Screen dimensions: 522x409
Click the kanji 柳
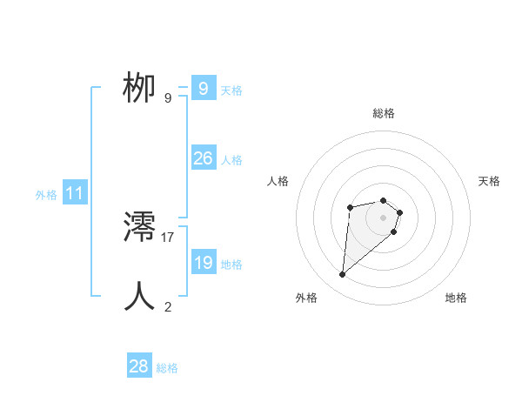pyautogui.click(x=140, y=89)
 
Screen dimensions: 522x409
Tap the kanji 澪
pyautogui.click(x=140, y=229)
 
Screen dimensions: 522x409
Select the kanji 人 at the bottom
pyautogui.click(x=140, y=296)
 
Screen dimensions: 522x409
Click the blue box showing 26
pyautogui.click(x=203, y=158)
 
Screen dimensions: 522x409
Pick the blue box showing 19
pyautogui.click(x=203, y=263)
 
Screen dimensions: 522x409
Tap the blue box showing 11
pyautogui.click(x=74, y=194)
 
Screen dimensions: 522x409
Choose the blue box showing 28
pyautogui.click(x=139, y=366)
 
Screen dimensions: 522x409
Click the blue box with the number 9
pyautogui.click(x=203, y=89)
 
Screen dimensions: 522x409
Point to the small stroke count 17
pyautogui.click(x=168, y=237)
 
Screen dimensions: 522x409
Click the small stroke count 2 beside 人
pyautogui.click(x=168, y=305)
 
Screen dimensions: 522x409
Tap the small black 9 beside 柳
pyautogui.click(x=168, y=98)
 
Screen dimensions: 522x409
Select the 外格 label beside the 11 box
pyautogui.click(x=46, y=195)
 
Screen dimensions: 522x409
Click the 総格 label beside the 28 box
pyautogui.click(x=167, y=368)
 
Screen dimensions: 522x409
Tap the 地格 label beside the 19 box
pyautogui.click(x=231, y=265)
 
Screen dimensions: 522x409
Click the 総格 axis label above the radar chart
pyautogui.click(x=384, y=113)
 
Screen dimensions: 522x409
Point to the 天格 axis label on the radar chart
pyautogui.click(x=489, y=181)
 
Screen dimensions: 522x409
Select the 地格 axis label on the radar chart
pyautogui.click(x=456, y=298)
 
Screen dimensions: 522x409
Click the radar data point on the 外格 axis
pyautogui.click(x=343, y=275)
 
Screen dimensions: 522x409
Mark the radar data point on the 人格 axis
pyautogui.click(x=350, y=207)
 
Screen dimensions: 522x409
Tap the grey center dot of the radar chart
pyautogui.click(x=384, y=218)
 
